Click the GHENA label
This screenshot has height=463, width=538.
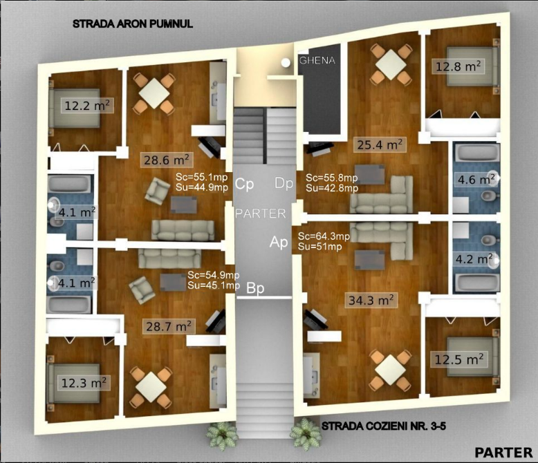(x=317, y=60)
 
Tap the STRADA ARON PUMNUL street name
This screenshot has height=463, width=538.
(x=133, y=23)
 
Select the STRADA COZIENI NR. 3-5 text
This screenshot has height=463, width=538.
(x=384, y=426)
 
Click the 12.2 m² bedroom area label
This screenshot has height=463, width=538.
(x=87, y=105)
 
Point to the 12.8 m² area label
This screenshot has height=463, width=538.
(x=458, y=66)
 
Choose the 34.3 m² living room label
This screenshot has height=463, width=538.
(x=371, y=301)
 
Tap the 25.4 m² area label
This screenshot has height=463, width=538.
(x=380, y=144)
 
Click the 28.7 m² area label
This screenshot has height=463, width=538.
(x=169, y=326)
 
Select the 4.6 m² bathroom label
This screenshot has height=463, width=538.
(x=476, y=180)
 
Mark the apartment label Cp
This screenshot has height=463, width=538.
(x=244, y=185)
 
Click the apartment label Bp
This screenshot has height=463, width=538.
(x=255, y=288)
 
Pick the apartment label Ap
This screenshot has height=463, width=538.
(x=279, y=242)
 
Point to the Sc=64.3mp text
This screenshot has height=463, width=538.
(x=324, y=236)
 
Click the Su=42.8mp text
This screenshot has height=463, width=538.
(x=332, y=188)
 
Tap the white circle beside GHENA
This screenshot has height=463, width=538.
(x=286, y=62)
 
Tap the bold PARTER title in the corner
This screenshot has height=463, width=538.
(x=503, y=453)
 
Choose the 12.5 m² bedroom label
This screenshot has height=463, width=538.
(x=459, y=359)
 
